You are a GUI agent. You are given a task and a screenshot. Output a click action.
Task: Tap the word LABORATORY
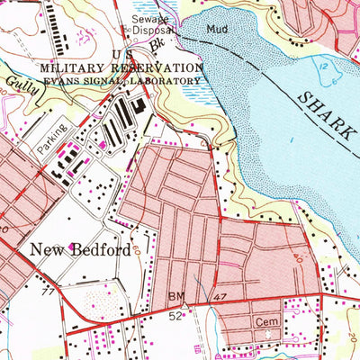point(168,81)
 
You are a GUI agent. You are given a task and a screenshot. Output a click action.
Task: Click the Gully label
point(15,82)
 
